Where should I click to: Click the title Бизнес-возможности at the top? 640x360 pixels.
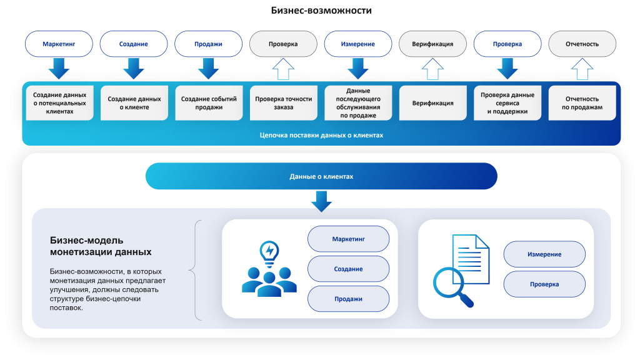click(322, 11)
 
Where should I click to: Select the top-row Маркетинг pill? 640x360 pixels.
click(59, 44)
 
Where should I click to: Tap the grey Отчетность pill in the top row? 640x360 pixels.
click(582, 44)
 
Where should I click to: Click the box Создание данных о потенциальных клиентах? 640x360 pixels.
click(59, 103)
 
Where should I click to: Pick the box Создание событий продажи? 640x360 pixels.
click(209, 103)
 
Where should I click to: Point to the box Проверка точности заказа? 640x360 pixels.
click(283, 103)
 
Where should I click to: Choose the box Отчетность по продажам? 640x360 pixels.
click(582, 103)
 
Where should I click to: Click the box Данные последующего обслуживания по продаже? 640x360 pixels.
click(358, 103)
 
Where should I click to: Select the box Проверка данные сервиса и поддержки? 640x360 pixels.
click(507, 103)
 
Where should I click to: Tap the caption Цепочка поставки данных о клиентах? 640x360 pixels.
click(321, 135)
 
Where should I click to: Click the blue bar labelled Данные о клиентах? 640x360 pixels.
click(321, 176)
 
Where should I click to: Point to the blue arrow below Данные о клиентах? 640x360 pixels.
click(321, 201)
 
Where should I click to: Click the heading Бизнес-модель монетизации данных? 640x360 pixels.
click(100, 246)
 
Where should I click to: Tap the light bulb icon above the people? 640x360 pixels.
click(269, 252)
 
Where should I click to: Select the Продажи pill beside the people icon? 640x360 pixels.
click(348, 299)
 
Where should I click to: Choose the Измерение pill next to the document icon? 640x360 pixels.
click(544, 254)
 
